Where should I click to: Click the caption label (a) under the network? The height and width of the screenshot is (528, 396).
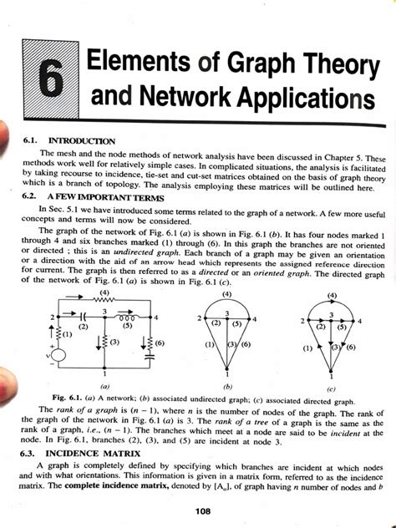pos(102,387)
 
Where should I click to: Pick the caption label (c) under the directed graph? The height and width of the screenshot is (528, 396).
pos(332,388)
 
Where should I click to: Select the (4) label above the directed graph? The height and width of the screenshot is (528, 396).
pos(333,295)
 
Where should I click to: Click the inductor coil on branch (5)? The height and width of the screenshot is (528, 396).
pos(127,318)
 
